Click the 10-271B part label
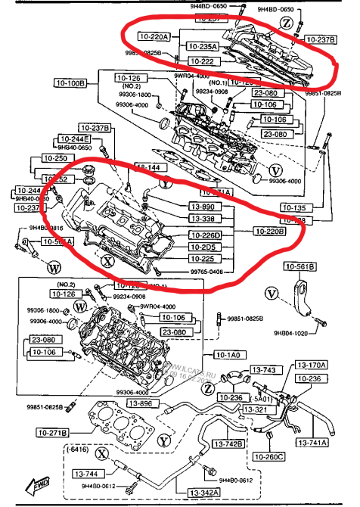point(50,432)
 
